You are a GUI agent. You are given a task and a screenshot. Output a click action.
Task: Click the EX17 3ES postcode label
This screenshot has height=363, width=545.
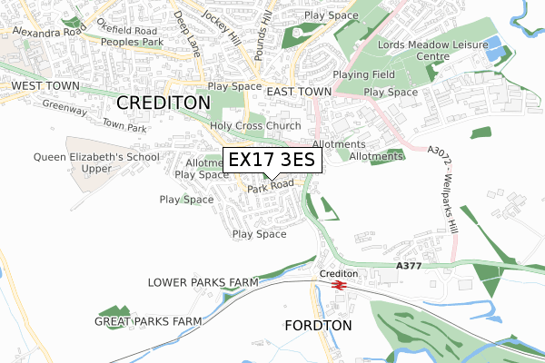click(x=271, y=160)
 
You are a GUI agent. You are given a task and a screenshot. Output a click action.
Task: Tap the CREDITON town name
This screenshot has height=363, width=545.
click(x=163, y=103)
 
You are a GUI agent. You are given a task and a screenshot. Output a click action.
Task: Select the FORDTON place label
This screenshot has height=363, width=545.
click(x=317, y=325)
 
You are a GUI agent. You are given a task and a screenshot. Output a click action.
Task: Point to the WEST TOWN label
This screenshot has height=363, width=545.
click(x=45, y=86)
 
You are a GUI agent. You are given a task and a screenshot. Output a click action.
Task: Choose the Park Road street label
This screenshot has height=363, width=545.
click(x=270, y=185)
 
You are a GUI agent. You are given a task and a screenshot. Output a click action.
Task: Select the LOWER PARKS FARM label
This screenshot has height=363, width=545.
click(x=203, y=282)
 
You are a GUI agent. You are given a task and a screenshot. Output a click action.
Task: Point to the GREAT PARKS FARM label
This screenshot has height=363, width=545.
click(x=149, y=321)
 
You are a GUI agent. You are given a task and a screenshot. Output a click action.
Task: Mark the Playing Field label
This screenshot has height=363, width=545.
click(x=364, y=74)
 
